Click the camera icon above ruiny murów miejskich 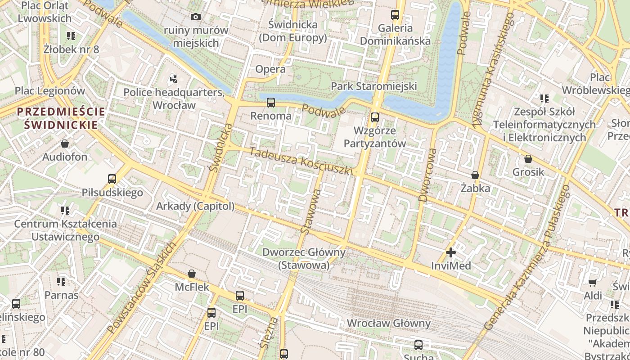(x=196, y=17)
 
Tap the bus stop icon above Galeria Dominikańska (x=395, y=15)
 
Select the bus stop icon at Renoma (x=270, y=103)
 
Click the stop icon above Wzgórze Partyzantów (x=374, y=117)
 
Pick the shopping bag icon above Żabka (x=475, y=175)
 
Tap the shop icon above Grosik (x=528, y=159)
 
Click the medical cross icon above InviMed (x=450, y=252)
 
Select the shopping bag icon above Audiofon (x=65, y=144)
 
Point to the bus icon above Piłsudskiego (x=112, y=179)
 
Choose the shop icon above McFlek (x=192, y=274)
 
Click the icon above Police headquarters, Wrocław (x=174, y=80)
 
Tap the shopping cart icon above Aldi (x=593, y=283)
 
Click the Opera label (x=270, y=69)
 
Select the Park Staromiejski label (x=374, y=86)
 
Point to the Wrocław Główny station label (x=388, y=323)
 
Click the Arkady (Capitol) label (x=195, y=206)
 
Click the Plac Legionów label (x=50, y=90)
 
